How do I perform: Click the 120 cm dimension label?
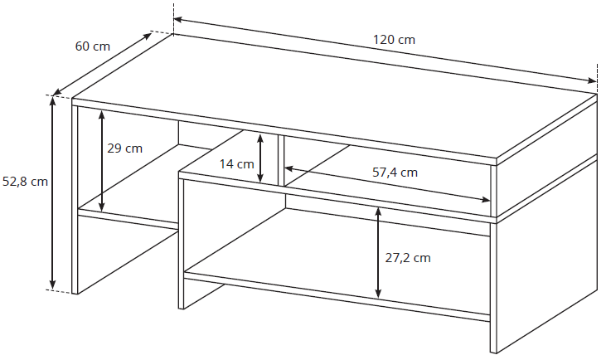(394, 40)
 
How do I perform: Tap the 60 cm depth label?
(92, 46)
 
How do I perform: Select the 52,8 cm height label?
(25, 182)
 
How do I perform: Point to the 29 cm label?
(124, 148)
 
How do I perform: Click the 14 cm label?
(236, 164)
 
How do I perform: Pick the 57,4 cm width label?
(395, 172)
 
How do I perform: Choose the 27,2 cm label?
(408, 258)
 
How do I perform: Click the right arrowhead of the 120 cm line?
(593, 80)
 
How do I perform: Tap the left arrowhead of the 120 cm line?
(178, 19)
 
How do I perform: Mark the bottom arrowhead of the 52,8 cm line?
(53, 285)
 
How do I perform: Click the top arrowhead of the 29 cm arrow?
(102, 115)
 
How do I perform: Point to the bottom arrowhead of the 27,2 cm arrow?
(378, 293)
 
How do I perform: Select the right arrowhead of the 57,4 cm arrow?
(486, 200)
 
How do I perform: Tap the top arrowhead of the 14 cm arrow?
(260, 138)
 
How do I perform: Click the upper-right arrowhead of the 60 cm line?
(148, 36)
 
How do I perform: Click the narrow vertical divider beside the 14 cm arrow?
(281, 160)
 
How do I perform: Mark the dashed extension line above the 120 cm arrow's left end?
(174, 18)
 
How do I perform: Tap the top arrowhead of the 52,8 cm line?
(53, 100)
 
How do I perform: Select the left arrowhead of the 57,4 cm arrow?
(289, 168)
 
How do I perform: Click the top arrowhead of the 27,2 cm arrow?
(378, 212)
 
